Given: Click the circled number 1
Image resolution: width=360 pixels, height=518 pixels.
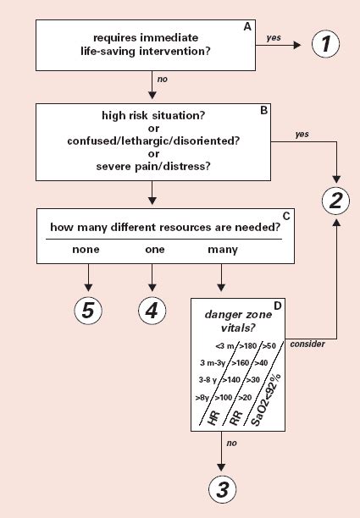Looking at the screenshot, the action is pos(325,44).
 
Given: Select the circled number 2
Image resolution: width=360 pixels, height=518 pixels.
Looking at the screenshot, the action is pos(336,201).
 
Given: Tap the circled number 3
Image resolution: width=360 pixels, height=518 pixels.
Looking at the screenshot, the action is pos(223,489).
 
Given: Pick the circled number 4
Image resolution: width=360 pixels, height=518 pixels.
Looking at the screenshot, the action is pos(152,311).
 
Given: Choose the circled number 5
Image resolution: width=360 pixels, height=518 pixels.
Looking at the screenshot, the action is pos(88,311).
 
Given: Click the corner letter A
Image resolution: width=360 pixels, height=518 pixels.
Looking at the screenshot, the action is pos(247,27).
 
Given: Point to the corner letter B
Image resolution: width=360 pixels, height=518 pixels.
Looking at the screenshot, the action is pos(263,110).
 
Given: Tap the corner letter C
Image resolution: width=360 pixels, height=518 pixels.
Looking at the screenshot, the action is pos(286,216).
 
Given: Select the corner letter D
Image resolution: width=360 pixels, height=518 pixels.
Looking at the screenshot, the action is pos(277,306).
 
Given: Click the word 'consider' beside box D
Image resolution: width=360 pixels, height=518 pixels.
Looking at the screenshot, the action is pos(307,344).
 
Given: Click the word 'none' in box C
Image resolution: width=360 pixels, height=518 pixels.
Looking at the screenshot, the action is pos(86,249).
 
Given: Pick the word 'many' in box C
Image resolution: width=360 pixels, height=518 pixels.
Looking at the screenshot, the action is pos(223,250).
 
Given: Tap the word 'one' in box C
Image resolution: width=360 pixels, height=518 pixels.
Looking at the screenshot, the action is pos(155,249).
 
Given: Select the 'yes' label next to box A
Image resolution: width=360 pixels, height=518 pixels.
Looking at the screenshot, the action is pos(274,37).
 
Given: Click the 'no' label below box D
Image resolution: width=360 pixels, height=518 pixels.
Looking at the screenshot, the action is pos(232,443).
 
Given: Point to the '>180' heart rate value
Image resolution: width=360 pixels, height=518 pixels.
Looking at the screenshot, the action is pos(248,346).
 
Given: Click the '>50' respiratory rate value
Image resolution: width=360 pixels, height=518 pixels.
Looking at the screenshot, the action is pos(269,346).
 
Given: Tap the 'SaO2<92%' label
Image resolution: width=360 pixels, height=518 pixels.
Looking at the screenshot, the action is pos(265,400).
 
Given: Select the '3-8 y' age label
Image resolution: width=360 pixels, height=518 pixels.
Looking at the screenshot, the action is pos(208,380).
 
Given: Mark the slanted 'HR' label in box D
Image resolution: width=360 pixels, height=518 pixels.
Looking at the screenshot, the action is pos(214,417).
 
